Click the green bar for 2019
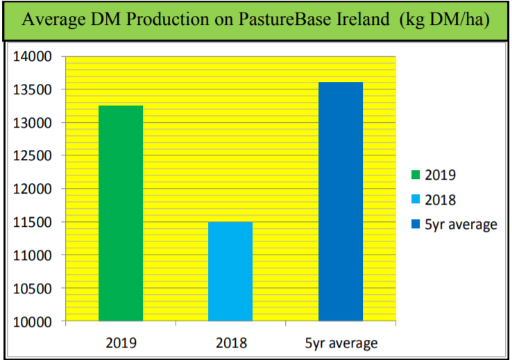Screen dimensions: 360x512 tap(121, 214)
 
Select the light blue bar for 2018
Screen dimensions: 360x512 tap(230, 271)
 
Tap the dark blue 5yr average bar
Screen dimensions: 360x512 tap(340, 202)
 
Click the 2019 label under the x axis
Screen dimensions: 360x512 tap(121, 343)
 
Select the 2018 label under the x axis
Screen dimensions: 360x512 tap(230, 343)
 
